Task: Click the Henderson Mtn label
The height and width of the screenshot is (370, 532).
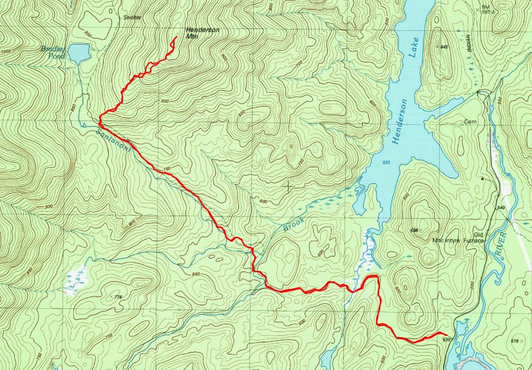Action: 200,33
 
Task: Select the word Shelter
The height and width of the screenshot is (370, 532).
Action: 133,17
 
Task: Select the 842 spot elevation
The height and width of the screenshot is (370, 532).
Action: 443,47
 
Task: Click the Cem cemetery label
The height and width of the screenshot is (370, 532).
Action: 469,121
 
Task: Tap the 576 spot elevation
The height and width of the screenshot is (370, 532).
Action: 513,340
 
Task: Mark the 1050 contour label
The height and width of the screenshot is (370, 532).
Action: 7,51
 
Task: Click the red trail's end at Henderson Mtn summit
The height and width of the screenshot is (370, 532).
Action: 176,39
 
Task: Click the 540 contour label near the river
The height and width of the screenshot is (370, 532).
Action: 501,207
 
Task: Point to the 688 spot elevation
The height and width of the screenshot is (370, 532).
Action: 415,230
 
